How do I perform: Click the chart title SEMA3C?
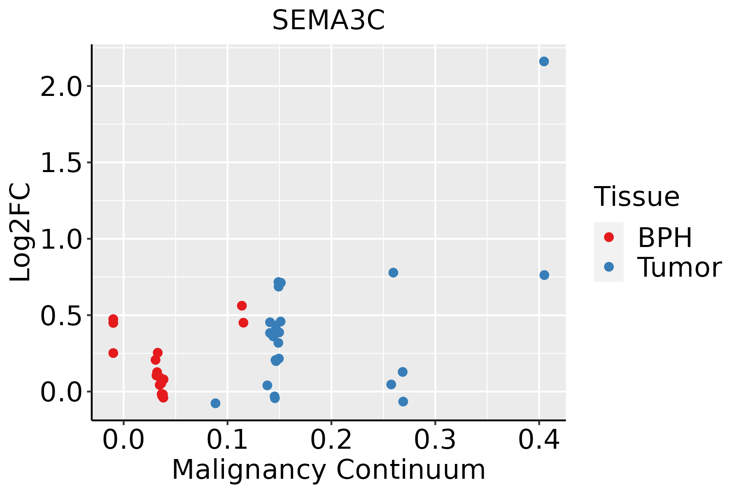pyautogui.click(x=329, y=21)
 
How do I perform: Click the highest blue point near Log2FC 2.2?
pyautogui.click(x=544, y=61)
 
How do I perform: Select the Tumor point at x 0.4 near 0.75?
pyautogui.click(x=544, y=275)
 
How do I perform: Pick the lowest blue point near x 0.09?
pyautogui.click(x=215, y=403)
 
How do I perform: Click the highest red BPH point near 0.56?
pyautogui.click(x=242, y=305)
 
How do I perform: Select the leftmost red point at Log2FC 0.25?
pyautogui.click(x=113, y=353)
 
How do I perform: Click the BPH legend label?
pyautogui.click(x=664, y=238)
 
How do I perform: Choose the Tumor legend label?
pyautogui.click(x=679, y=268)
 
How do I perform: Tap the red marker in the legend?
pyautogui.click(x=608, y=237)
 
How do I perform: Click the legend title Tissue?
pyautogui.click(x=636, y=197)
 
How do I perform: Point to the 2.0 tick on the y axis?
pyautogui.click(x=61, y=86)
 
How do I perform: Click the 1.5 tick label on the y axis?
pyautogui.click(x=61, y=163)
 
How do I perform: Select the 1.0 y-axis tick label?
pyautogui.click(x=61, y=239)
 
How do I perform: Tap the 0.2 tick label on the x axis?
pyautogui.click(x=331, y=440)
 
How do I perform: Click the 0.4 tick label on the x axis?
pyautogui.click(x=538, y=440)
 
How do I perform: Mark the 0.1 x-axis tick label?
pyautogui.click(x=227, y=440)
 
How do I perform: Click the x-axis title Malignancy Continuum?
pyautogui.click(x=329, y=470)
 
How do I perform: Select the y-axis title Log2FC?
pyautogui.click(x=21, y=233)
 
